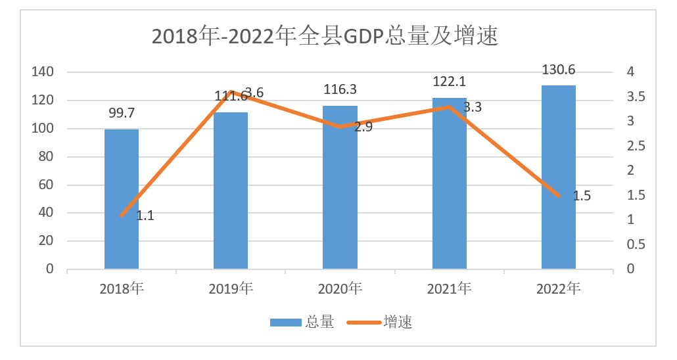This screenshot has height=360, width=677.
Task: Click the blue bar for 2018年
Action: pos(122,199)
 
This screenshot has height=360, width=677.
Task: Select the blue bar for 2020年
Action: pos(340,187)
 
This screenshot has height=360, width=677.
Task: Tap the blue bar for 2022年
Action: pos(558,177)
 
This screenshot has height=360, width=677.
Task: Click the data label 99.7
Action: pos(122,114)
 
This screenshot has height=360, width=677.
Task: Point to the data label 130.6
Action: pos(558,70)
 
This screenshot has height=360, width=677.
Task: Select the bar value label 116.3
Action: pos(340,90)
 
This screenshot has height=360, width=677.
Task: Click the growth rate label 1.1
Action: pos(145,215)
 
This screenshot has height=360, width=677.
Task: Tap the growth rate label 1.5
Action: pos(582,196)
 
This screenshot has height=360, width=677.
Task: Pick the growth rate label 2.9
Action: pos(363,127)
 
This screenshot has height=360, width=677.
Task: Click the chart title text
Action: pos(325,35)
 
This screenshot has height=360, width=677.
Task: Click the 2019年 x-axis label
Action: pos(231,288)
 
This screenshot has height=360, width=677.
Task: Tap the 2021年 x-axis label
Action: pos(449,288)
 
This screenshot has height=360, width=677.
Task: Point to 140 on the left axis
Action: pos(41,72)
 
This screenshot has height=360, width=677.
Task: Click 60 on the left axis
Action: pos(45,185)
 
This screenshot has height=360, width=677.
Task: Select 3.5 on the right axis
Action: pos(636,97)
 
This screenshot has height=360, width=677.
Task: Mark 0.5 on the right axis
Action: pos(636,244)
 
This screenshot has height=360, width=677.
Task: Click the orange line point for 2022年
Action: pos(558,195)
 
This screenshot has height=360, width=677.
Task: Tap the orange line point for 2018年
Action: pos(122,215)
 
